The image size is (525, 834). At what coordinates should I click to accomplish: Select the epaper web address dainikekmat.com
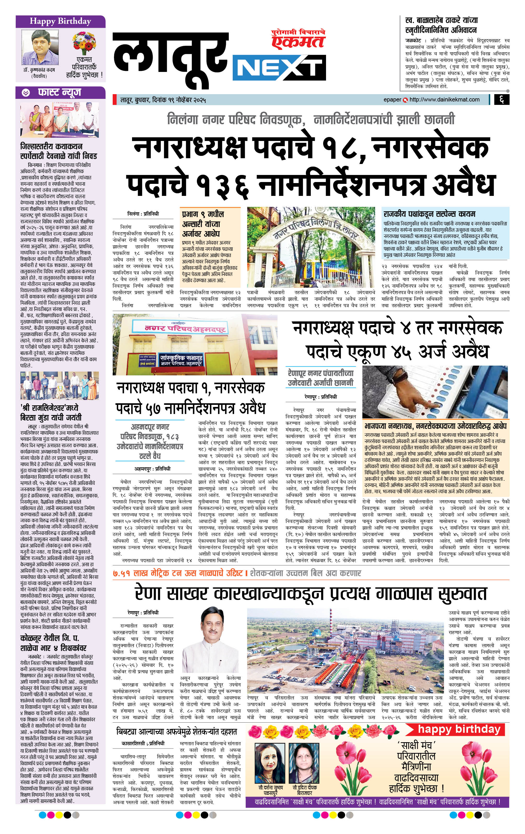tap(444, 100)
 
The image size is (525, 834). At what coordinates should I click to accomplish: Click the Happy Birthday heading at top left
tap(60, 21)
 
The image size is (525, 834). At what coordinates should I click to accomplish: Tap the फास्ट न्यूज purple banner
tap(60, 93)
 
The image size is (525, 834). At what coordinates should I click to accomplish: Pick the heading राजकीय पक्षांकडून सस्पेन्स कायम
tap(429, 214)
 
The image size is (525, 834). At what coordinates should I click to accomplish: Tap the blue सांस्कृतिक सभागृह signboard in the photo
tap(181, 360)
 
